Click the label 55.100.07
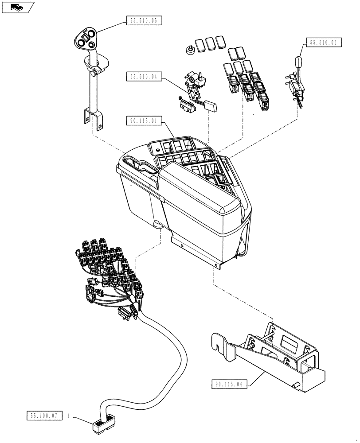[45, 416]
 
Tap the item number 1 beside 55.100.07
[69, 416]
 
